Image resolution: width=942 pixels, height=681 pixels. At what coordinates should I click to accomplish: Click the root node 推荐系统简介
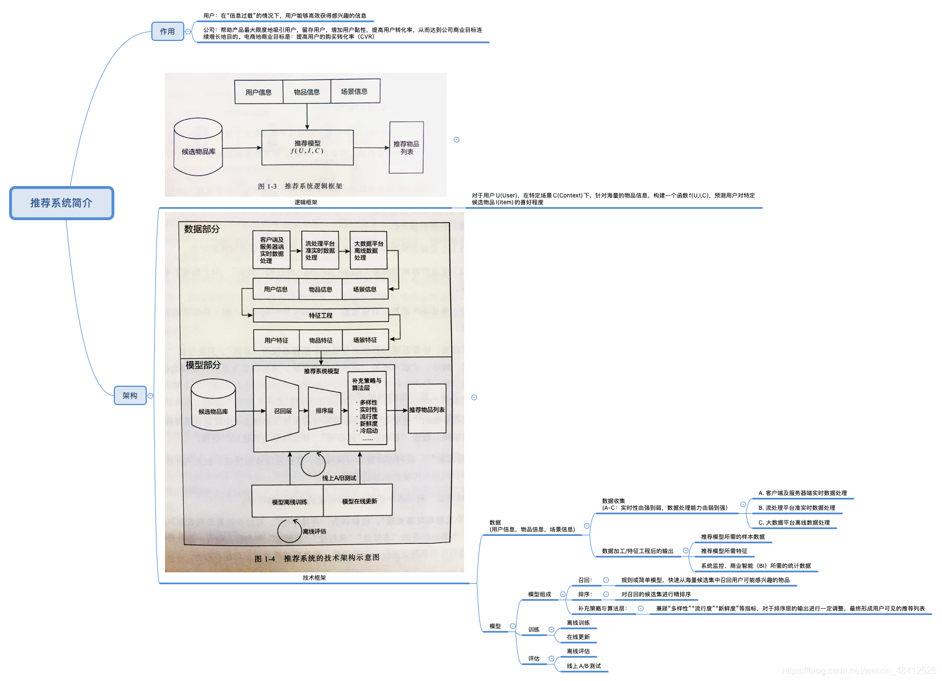(x=61, y=203)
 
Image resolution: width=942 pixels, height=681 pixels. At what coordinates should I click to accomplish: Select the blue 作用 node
(x=167, y=31)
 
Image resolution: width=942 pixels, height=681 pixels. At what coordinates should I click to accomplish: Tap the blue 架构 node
(x=130, y=395)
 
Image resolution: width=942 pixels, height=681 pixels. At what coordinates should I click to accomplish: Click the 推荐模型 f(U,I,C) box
(x=307, y=147)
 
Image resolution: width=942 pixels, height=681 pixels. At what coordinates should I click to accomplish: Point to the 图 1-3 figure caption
(x=300, y=186)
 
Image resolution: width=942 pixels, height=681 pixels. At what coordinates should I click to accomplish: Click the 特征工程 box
(x=320, y=315)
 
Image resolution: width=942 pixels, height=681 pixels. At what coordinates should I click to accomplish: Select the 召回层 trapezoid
(x=282, y=410)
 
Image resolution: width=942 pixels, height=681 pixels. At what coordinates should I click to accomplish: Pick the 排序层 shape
(x=324, y=410)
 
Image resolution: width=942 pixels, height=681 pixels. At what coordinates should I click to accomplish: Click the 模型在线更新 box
(x=359, y=501)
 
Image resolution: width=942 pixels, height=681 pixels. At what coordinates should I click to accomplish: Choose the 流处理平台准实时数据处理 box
(x=320, y=250)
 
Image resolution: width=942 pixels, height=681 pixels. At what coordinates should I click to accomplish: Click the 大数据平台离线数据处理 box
(x=368, y=250)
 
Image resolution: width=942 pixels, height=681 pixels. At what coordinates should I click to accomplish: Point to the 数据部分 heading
(x=201, y=229)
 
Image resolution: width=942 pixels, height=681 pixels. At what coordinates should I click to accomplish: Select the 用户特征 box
(x=276, y=340)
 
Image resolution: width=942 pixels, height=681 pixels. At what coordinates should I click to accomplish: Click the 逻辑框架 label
(x=305, y=202)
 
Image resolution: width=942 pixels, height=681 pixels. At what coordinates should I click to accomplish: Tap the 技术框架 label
(x=314, y=577)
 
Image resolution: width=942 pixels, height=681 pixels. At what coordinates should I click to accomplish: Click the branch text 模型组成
(x=539, y=594)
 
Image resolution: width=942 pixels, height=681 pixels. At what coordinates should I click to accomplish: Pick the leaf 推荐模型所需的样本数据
(x=733, y=536)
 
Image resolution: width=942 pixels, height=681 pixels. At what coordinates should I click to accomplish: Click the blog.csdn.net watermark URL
(x=859, y=671)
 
